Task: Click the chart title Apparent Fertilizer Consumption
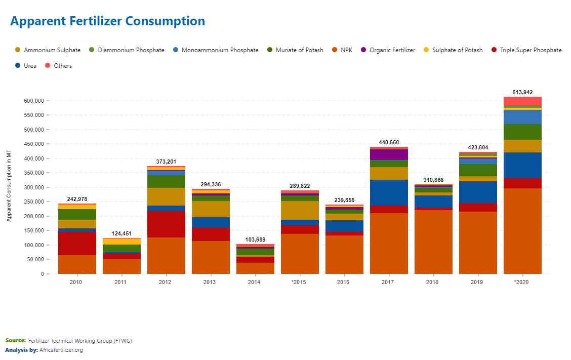tap(107, 21)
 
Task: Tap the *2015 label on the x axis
tap(300, 282)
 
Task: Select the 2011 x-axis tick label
tap(121, 282)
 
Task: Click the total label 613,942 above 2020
tap(522, 92)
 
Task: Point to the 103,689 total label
tap(255, 239)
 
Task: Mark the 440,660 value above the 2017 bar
tap(389, 142)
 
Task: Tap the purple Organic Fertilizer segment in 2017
tap(389, 154)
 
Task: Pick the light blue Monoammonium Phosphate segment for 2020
tap(522, 117)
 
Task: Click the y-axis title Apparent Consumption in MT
tap(9, 185)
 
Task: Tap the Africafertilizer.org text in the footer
tap(61, 350)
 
